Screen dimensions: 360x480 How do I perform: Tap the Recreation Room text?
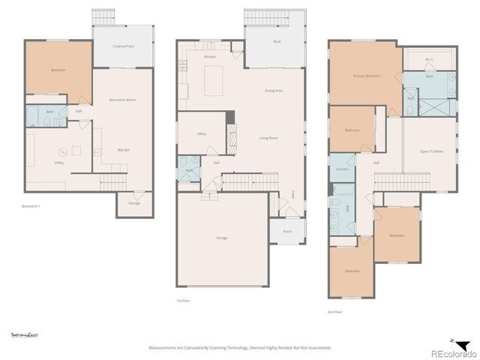tap(122, 100)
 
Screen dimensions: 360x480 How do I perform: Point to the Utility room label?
tap(58, 163)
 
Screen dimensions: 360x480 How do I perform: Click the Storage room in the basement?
tap(133, 203)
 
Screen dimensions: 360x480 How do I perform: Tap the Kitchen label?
tap(211, 57)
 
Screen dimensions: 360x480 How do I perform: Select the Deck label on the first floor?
tap(277, 41)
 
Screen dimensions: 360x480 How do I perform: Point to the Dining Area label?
tap(274, 91)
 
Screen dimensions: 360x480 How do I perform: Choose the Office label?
tap(202, 134)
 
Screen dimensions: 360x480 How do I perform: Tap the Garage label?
tap(222, 238)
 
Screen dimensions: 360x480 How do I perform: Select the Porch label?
tap(287, 232)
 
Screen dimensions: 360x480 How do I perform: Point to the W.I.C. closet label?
tap(430, 59)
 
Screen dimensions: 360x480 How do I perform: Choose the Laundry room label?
tap(342, 169)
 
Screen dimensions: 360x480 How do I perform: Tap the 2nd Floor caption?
tap(335, 310)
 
